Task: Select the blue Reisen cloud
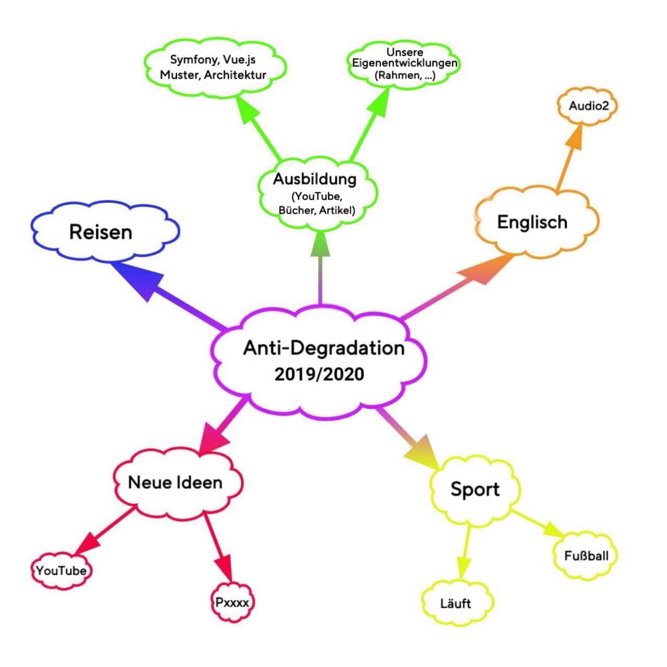tap(102, 232)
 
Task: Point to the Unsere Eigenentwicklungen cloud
tap(404, 64)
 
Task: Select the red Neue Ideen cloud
tap(176, 482)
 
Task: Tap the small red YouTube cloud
tap(61, 571)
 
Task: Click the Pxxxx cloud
tap(232, 603)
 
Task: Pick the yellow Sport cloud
tap(474, 490)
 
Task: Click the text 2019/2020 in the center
tap(319, 374)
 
